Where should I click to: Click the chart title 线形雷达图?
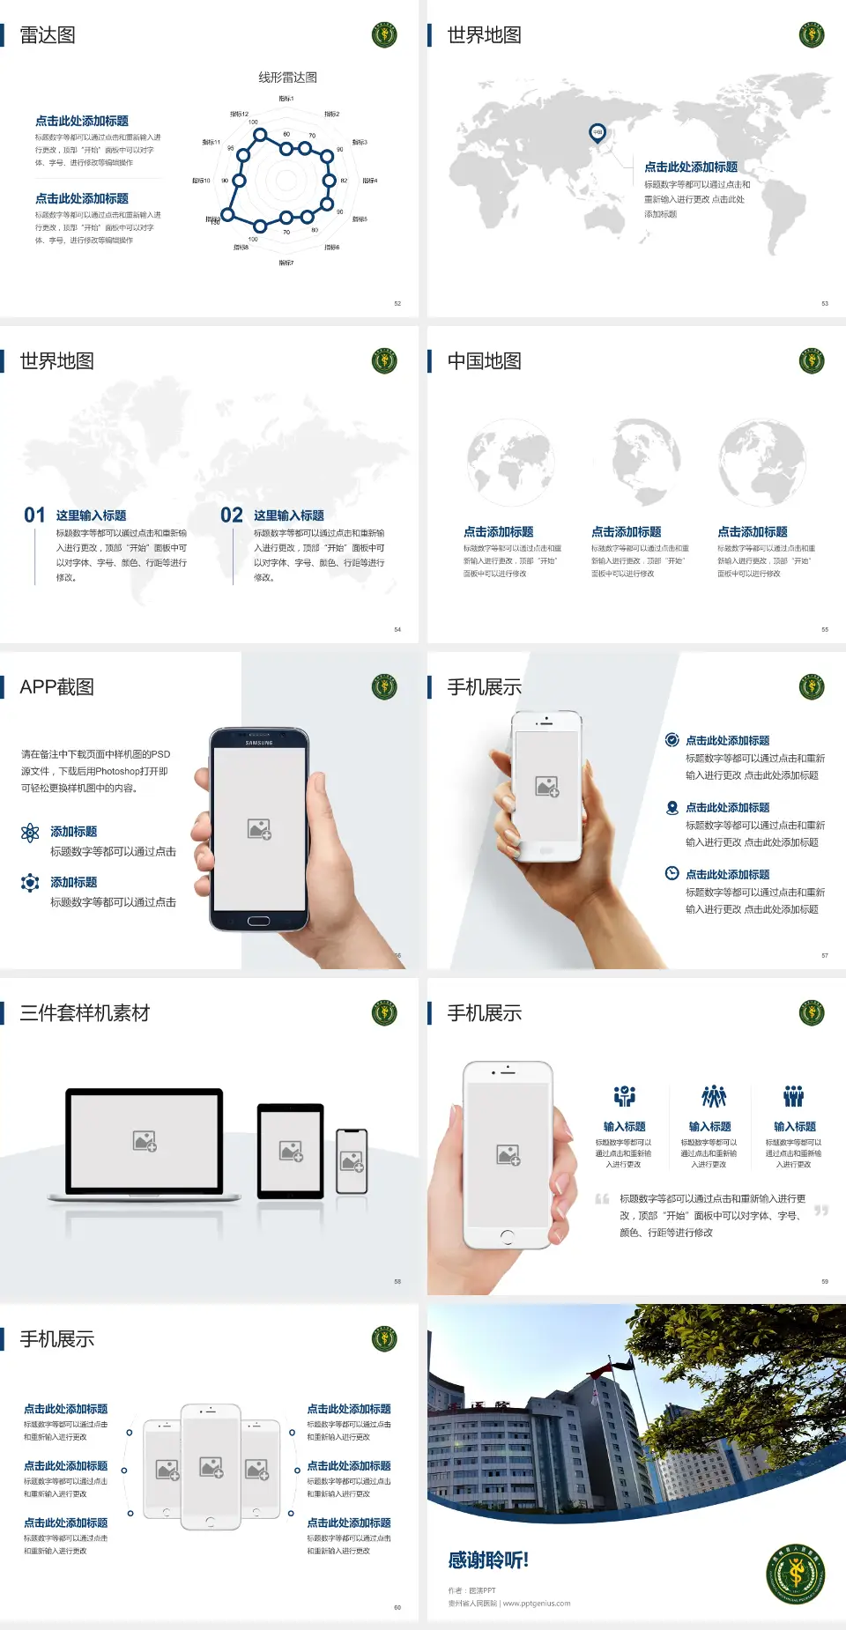click(287, 78)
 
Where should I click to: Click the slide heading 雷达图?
click(48, 35)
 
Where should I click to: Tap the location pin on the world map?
click(597, 133)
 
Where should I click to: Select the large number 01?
click(34, 515)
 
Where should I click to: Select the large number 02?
click(232, 515)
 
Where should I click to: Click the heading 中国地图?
click(484, 361)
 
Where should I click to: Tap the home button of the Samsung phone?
click(258, 921)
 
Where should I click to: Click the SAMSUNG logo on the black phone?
click(259, 743)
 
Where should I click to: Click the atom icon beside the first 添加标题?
click(30, 833)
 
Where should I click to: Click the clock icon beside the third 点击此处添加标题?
click(672, 873)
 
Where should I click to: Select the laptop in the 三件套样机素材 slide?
click(145, 1144)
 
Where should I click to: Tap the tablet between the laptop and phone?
click(291, 1150)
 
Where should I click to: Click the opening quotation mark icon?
click(602, 1199)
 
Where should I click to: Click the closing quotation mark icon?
click(820, 1211)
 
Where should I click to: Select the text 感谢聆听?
click(488, 1560)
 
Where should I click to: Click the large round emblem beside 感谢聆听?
click(796, 1573)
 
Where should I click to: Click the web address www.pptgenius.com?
click(537, 1604)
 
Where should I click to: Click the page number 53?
click(825, 303)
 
